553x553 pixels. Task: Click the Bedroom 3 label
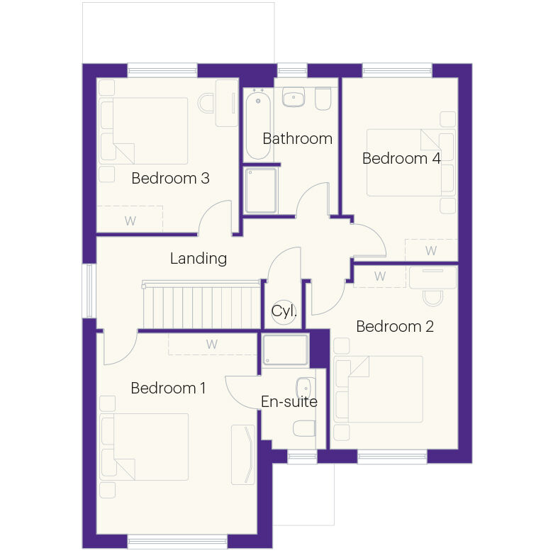click(170, 178)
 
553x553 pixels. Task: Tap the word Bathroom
click(297, 138)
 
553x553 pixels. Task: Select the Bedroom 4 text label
click(401, 158)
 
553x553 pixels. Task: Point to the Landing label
click(199, 259)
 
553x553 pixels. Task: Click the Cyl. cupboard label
click(284, 311)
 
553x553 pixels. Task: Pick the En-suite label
click(289, 402)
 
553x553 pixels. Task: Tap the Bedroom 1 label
click(168, 388)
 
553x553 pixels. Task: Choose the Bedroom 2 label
click(395, 327)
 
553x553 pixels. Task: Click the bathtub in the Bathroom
click(258, 124)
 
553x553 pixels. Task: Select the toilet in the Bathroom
click(323, 99)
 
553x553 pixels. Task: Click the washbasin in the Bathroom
click(294, 97)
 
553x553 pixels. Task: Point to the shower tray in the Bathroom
click(261, 191)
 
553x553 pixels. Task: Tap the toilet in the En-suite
click(304, 428)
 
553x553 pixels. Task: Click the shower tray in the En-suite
click(285, 350)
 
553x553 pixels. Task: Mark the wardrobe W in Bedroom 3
click(130, 221)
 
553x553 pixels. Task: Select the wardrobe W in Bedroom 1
click(211, 345)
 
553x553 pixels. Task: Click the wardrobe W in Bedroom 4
click(431, 251)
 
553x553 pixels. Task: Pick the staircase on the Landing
click(202, 305)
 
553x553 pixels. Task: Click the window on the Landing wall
click(89, 291)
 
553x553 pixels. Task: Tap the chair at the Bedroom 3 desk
click(206, 103)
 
